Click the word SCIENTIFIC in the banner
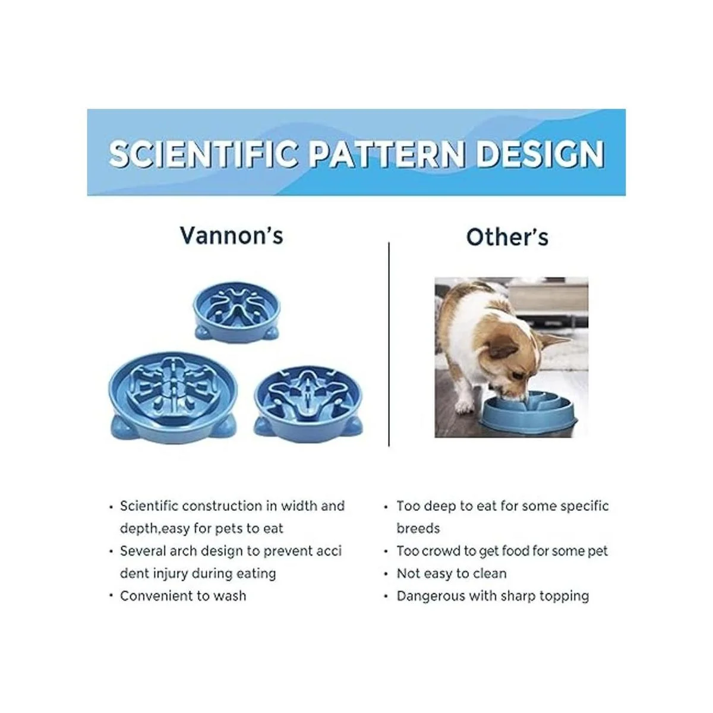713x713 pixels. coord(208,154)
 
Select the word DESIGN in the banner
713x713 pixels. coord(541,154)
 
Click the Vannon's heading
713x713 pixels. coord(232,235)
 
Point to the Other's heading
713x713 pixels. coord(507,237)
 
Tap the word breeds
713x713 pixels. coord(418,528)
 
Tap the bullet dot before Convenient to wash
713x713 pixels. coord(111,596)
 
